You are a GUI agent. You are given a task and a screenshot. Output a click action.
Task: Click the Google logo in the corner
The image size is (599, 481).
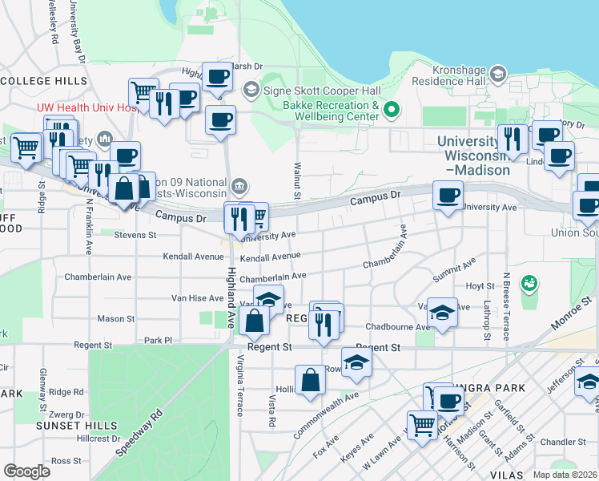click(26, 471)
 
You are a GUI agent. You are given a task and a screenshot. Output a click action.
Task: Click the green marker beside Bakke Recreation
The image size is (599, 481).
click(392, 111)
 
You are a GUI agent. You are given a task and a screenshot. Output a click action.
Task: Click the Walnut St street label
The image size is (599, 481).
click(296, 182)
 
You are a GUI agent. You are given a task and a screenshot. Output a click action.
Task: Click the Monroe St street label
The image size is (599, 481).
click(573, 313)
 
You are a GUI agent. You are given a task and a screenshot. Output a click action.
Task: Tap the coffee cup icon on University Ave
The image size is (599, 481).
click(448, 195)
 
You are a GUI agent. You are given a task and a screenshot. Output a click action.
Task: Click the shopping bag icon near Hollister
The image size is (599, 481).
click(309, 378)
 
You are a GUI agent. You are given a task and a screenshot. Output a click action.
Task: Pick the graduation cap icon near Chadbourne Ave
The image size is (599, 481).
click(440, 310)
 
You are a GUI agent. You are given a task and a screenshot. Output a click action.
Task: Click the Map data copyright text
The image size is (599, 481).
click(565, 475)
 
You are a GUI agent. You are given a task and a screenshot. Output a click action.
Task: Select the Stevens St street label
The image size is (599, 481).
click(135, 235)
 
